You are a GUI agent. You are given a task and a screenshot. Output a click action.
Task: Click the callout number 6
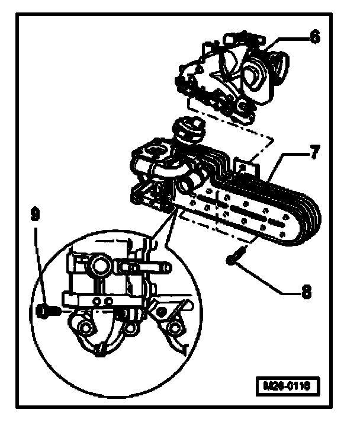(x=314, y=37)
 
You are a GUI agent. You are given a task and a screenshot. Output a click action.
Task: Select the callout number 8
(x=306, y=291)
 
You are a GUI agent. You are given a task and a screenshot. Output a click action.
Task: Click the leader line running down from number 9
(x=39, y=267)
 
